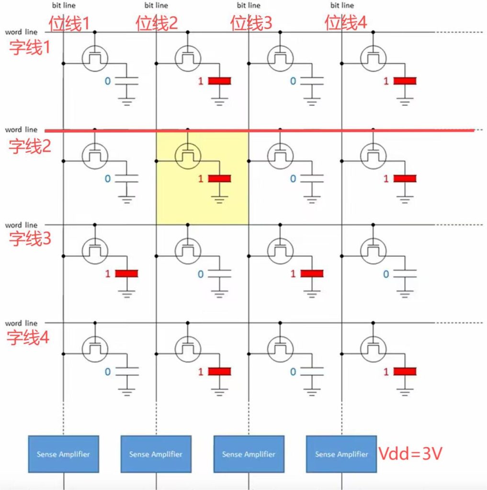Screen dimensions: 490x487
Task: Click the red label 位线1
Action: tap(69, 23)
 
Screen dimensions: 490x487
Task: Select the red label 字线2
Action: tap(30, 146)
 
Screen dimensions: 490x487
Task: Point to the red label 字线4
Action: tap(28, 338)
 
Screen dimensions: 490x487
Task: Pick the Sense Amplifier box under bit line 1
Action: tap(64, 454)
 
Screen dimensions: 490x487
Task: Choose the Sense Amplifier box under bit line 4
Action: tap(341, 454)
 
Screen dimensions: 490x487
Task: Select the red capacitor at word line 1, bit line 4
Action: tap(405, 81)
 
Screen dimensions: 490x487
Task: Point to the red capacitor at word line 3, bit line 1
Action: tap(126, 274)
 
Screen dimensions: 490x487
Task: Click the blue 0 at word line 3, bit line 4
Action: tap(386, 274)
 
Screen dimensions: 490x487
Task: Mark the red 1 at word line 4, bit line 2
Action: tap(201, 372)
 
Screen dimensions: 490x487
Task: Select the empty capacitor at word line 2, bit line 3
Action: tap(312, 178)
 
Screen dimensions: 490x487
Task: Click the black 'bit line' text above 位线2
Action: tap(157, 6)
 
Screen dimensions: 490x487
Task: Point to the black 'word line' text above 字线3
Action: tap(21, 225)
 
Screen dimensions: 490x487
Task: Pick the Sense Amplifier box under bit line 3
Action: tap(249, 454)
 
